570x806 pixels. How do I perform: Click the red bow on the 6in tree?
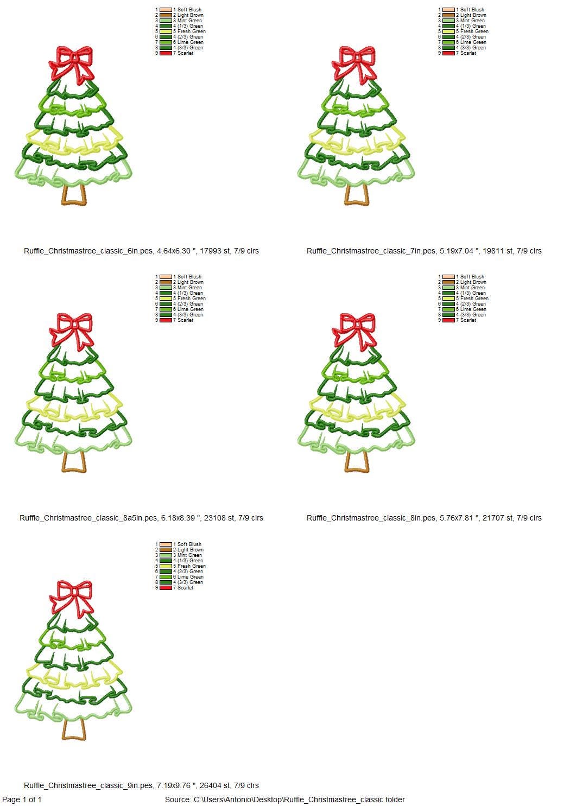tap(72, 61)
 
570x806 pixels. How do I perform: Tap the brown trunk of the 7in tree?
tap(357, 195)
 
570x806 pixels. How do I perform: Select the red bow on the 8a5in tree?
tap(72, 328)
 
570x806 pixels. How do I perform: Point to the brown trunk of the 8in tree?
tap(357, 462)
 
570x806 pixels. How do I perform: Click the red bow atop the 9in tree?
tap(72, 595)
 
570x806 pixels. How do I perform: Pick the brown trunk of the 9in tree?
tap(74, 730)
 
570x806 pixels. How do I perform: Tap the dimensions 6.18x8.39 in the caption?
tap(179, 518)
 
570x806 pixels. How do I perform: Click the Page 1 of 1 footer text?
tap(22, 799)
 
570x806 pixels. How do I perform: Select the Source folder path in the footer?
tap(285, 799)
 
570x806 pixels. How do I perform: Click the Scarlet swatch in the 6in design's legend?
tap(166, 53)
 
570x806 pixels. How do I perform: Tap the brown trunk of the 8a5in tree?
tap(74, 462)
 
